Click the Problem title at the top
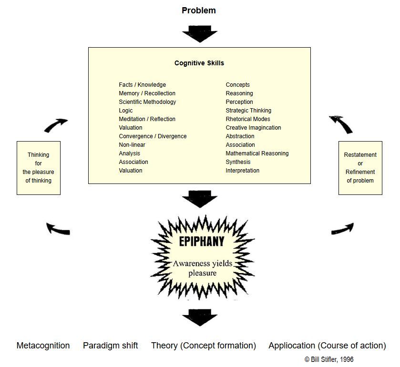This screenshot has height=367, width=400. (199, 10)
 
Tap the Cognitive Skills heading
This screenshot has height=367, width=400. (199, 63)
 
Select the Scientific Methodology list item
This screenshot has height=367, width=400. (147, 102)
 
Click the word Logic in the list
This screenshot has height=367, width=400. (126, 111)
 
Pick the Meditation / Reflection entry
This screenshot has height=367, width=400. (147, 119)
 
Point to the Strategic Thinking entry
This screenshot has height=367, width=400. (248, 111)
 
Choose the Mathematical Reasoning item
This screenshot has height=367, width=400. (257, 153)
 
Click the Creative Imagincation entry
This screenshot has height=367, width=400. (253, 128)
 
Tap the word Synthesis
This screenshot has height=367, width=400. (238, 162)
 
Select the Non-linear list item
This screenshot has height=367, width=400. (132, 145)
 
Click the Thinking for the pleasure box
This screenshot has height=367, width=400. (39, 168)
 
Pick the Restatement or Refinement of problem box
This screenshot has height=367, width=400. (360, 168)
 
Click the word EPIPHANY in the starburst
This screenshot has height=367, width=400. (201, 241)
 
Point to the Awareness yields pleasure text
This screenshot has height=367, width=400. (202, 268)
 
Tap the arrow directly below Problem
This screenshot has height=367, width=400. (199, 34)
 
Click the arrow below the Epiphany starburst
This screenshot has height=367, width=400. (199, 317)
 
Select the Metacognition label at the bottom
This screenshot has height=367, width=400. (43, 346)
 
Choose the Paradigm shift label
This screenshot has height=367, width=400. (110, 346)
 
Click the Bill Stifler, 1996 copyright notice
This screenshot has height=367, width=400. (329, 359)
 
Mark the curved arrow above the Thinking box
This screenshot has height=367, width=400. (55, 125)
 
